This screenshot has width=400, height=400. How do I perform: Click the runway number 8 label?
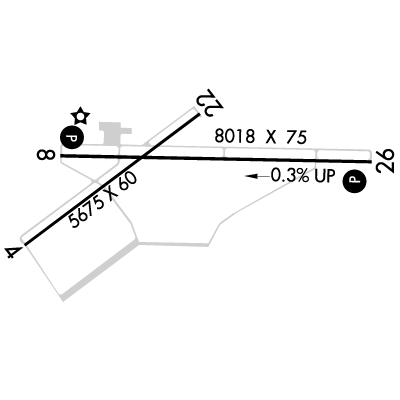(46, 155)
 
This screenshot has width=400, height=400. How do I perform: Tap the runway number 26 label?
(385, 161)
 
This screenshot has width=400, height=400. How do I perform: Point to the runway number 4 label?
(12, 252)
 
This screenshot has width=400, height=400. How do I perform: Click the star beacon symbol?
(80, 116)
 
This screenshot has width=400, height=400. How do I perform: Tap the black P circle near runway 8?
(72, 137)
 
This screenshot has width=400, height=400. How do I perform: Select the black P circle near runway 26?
(355, 181)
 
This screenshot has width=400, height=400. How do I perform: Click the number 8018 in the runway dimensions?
(235, 137)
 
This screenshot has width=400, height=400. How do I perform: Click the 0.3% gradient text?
(289, 175)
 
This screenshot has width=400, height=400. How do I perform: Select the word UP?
(324, 176)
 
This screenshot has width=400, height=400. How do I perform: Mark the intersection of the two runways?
(141, 157)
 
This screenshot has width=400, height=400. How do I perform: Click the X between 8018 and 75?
(271, 137)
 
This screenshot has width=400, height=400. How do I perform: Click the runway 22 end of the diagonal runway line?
(199, 114)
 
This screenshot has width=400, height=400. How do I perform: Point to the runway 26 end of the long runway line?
(371, 162)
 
